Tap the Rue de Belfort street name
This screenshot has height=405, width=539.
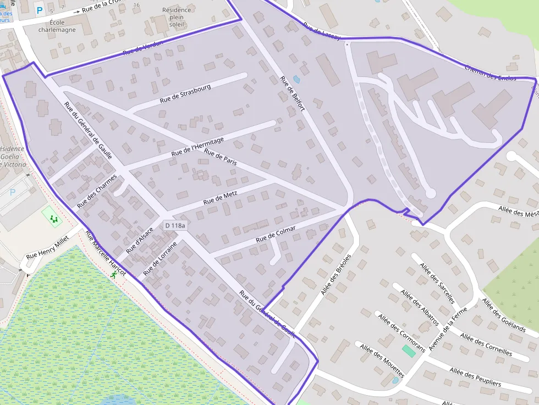click(293, 95)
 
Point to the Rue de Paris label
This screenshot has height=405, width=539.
click(220, 157)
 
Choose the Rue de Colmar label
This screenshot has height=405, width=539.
click(276, 235)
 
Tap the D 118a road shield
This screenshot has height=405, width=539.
click(175, 225)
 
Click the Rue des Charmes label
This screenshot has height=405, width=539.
click(97, 191)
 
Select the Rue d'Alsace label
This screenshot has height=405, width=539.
click(139, 240)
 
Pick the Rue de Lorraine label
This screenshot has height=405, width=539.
click(160, 258)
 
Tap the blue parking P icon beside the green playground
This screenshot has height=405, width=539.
click(13, 192)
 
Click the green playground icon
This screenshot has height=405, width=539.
click(54, 219)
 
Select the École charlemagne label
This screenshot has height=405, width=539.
click(57, 26)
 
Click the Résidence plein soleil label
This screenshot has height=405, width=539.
click(177, 17)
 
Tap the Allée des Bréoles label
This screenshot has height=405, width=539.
click(335, 274)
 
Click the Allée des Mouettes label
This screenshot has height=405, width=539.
click(382, 360)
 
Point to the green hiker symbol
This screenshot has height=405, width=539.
click(113, 276)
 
